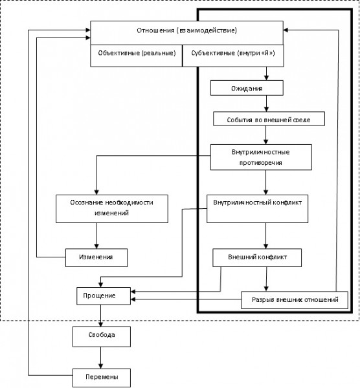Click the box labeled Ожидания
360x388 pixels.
(x=247, y=88)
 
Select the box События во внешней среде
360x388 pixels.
(x=269, y=119)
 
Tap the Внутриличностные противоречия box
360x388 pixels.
(x=261, y=157)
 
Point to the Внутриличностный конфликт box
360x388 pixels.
(x=258, y=209)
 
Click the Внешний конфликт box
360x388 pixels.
(x=257, y=257)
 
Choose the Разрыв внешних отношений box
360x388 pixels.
(x=295, y=300)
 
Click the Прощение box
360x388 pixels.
(x=104, y=296)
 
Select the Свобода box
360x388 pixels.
(x=102, y=336)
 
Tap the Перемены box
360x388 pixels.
(x=102, y=378)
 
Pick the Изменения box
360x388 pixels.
(x=96, y=257)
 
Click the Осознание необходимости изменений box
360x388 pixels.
(x=112, y=209)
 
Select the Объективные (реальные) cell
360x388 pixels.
(x=136, y=56)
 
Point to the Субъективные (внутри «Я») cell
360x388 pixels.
(x=233, y=56)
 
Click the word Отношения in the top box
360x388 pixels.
(x=155, y=30)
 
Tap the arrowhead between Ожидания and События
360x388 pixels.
(x=266, y=109)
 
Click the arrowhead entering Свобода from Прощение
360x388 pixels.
(x=100, y=324)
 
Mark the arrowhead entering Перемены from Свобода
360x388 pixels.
(x=100, y=366)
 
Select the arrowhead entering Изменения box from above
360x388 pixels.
(x=96, y=246)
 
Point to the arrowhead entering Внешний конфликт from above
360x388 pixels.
(x=266, y=246)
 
